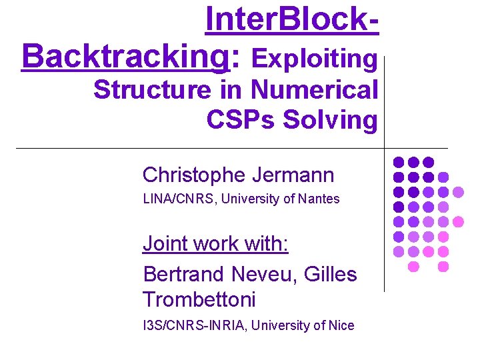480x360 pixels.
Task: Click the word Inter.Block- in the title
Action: [293, 20]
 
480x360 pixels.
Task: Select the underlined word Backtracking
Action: [125, 58]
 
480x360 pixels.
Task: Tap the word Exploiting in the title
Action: [315, 59]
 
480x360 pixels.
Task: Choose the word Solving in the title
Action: [330, 120]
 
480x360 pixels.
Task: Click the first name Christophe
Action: [194, 175]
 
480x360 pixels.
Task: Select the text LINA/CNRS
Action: [174, 199]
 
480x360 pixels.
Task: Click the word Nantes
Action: [319, 199]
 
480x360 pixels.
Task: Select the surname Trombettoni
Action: [199, 300]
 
